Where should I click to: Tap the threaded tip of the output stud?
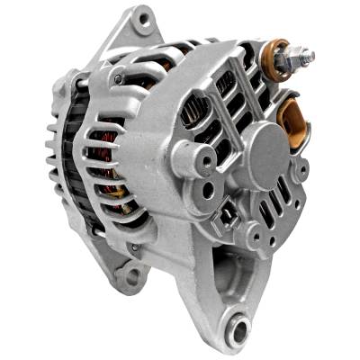pos(309,57)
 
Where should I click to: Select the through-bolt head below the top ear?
pos(118,79)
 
